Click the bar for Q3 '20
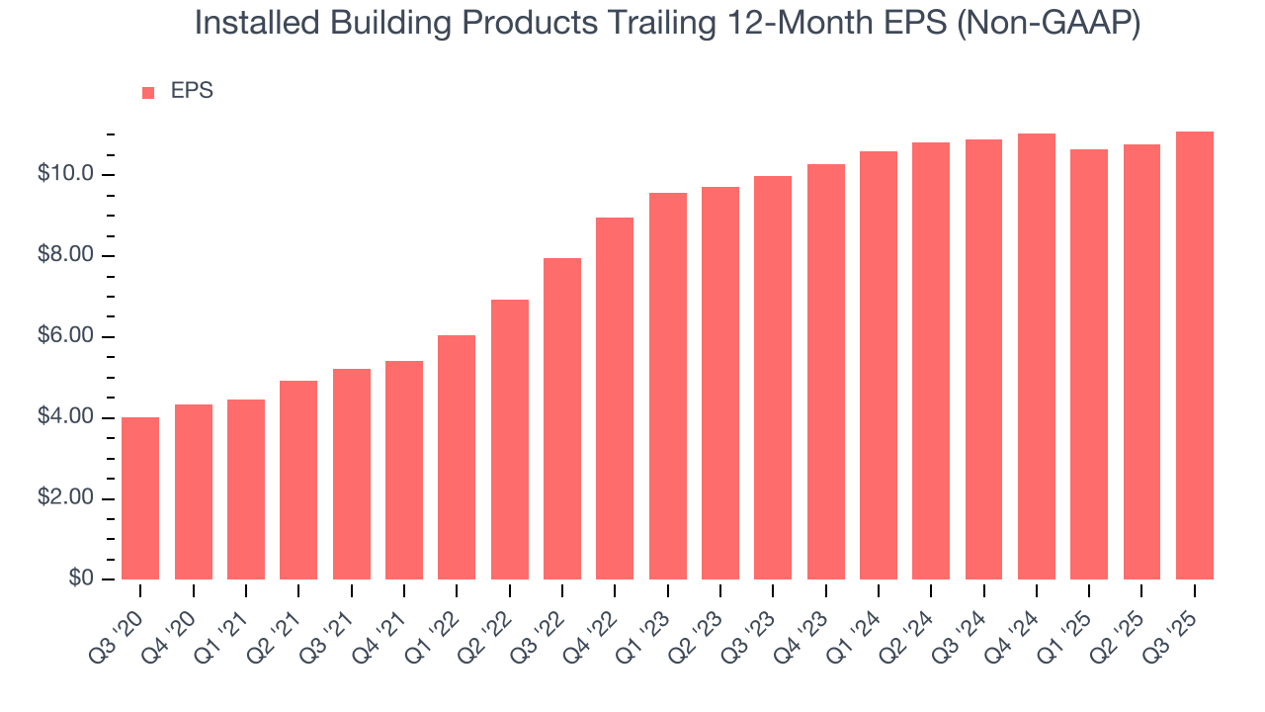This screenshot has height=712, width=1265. point(140,498)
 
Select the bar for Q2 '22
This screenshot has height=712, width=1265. point(509,440)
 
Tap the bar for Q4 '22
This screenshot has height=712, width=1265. point(615,399)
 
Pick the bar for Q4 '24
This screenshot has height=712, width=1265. point(1037,357)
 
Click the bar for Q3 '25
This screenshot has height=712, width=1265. point(1195,356)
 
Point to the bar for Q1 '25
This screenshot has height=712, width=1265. point(1089,365)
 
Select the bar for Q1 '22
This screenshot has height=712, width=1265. point(457,458)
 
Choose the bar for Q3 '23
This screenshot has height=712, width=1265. point(773,378)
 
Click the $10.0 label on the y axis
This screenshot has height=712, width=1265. point(65,175)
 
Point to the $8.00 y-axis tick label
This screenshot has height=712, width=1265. point(65,256)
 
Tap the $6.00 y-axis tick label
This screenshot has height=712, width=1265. point(65,337)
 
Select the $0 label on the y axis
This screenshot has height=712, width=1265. point(81,579)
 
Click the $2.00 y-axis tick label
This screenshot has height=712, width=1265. point(65,498)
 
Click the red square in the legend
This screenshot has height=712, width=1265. point(148,93)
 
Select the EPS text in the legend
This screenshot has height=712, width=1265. point(192,91)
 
